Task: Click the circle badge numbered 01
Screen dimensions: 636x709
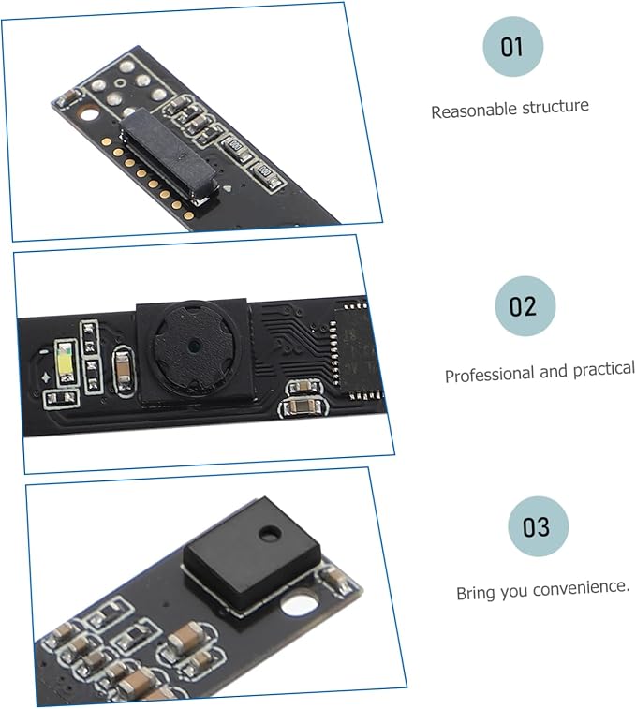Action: tap(512, 46)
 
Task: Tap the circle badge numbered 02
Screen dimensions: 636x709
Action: tap(525, 305)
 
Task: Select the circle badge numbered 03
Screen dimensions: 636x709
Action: tap(538, 526)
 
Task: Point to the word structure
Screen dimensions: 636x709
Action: tap(555, 107)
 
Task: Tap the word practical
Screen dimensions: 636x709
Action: tap(604, 369)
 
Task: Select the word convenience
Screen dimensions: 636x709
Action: tap(582, 588)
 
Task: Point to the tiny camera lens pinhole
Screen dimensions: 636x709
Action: tap(194, 346)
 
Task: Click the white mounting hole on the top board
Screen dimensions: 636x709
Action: tap(90, 113)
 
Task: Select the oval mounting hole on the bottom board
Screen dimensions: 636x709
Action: tap(299, 604)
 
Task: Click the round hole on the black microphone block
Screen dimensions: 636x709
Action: tap(270, 534)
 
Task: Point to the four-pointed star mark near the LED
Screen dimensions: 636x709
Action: tap(46, 377)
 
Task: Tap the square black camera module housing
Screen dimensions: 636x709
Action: tap(195, 351)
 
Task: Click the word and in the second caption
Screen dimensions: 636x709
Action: tap(555, 371)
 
